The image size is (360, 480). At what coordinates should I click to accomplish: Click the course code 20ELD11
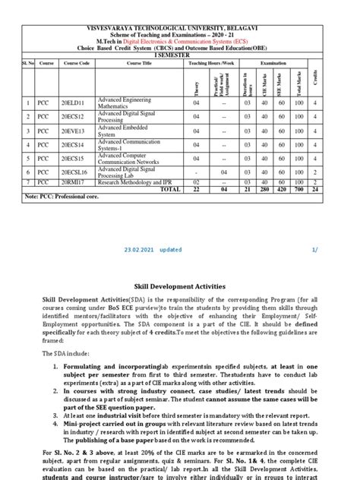point(74,102)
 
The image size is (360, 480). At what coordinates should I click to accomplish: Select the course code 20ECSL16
point(75,172)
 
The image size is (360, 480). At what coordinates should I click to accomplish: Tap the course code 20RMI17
point(74,183)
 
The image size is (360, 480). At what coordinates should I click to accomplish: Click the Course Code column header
point(77,63)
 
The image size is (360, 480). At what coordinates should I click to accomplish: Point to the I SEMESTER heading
point(179,55)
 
